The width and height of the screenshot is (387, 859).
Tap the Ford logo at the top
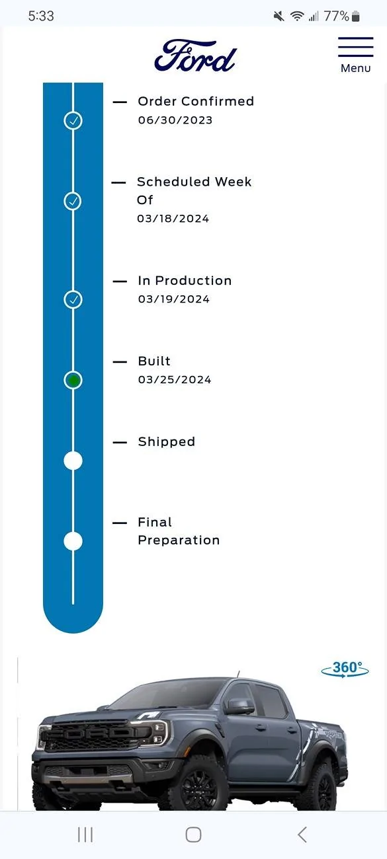[195, 56]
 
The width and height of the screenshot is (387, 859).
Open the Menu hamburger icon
[355, 47]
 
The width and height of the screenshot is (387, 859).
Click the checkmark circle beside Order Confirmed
[73, 120]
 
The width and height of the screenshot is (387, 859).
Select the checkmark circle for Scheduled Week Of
[73, 201]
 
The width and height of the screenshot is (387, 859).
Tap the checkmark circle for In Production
[73, 299]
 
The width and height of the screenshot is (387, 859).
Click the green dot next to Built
[73, 380]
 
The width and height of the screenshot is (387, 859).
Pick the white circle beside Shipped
[73, 461]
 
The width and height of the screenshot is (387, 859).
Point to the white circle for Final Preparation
[73, 541]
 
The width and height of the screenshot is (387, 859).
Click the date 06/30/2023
[175, 120]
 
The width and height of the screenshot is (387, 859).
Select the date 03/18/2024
[173, 219]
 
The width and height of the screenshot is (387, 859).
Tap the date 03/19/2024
[174, 299]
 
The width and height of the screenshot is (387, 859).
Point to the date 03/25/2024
[175, 380]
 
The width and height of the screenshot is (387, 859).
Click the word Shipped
[167, 442]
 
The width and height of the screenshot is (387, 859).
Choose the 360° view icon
[345, 669]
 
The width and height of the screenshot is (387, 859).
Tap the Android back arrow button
[302, 835]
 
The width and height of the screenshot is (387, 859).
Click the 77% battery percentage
[336, 16]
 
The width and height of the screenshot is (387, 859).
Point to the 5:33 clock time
[41, 16]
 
